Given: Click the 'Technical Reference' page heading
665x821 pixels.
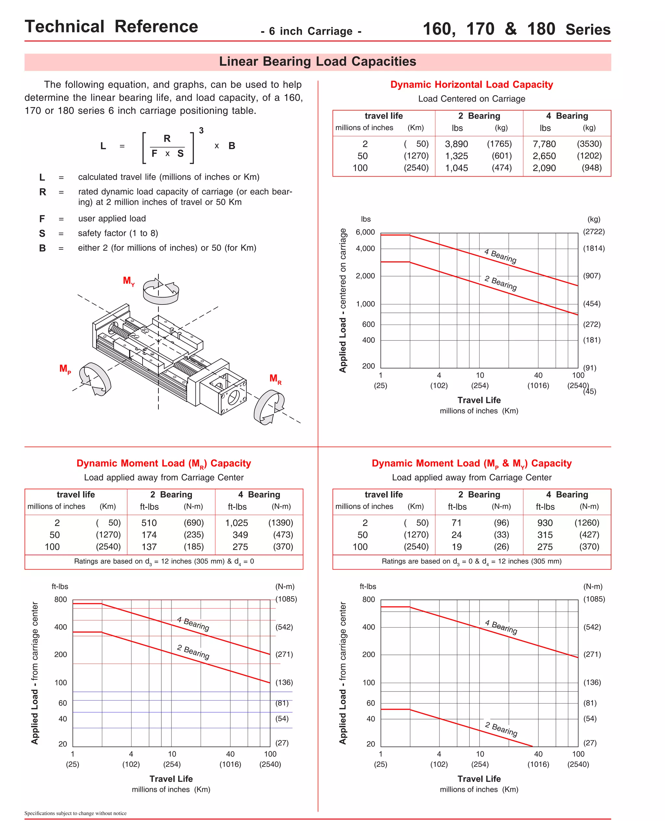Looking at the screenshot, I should (x=111, y=27).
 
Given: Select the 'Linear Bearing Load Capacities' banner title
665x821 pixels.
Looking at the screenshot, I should (x=317, y=62).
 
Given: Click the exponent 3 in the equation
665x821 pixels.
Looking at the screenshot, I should (x=201, y=130).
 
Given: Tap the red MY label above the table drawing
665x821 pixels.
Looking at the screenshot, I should (x=129, y=281).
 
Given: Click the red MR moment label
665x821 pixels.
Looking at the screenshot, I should (x=275, y=379).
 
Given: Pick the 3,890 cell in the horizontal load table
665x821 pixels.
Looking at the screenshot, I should (x=456, y=144).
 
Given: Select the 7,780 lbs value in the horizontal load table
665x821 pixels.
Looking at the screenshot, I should (x=544, y=144).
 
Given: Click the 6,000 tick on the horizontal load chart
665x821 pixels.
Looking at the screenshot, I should (x=365, y=232).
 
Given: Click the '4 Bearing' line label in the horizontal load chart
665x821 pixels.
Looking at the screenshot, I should (x=500, y=256).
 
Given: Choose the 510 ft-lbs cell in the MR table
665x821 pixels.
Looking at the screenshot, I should (x=149, y=523).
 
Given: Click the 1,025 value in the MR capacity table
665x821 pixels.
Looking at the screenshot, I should (x=236, y=523).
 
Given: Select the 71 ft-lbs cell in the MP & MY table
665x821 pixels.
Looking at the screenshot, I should (x=456, y=523).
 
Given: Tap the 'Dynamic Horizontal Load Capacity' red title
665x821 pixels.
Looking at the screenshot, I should (x=471, y=85).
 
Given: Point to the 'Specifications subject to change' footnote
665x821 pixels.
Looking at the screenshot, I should (x=75, y=813).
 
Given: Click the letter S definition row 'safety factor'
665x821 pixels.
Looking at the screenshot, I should (x=118, y=233).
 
